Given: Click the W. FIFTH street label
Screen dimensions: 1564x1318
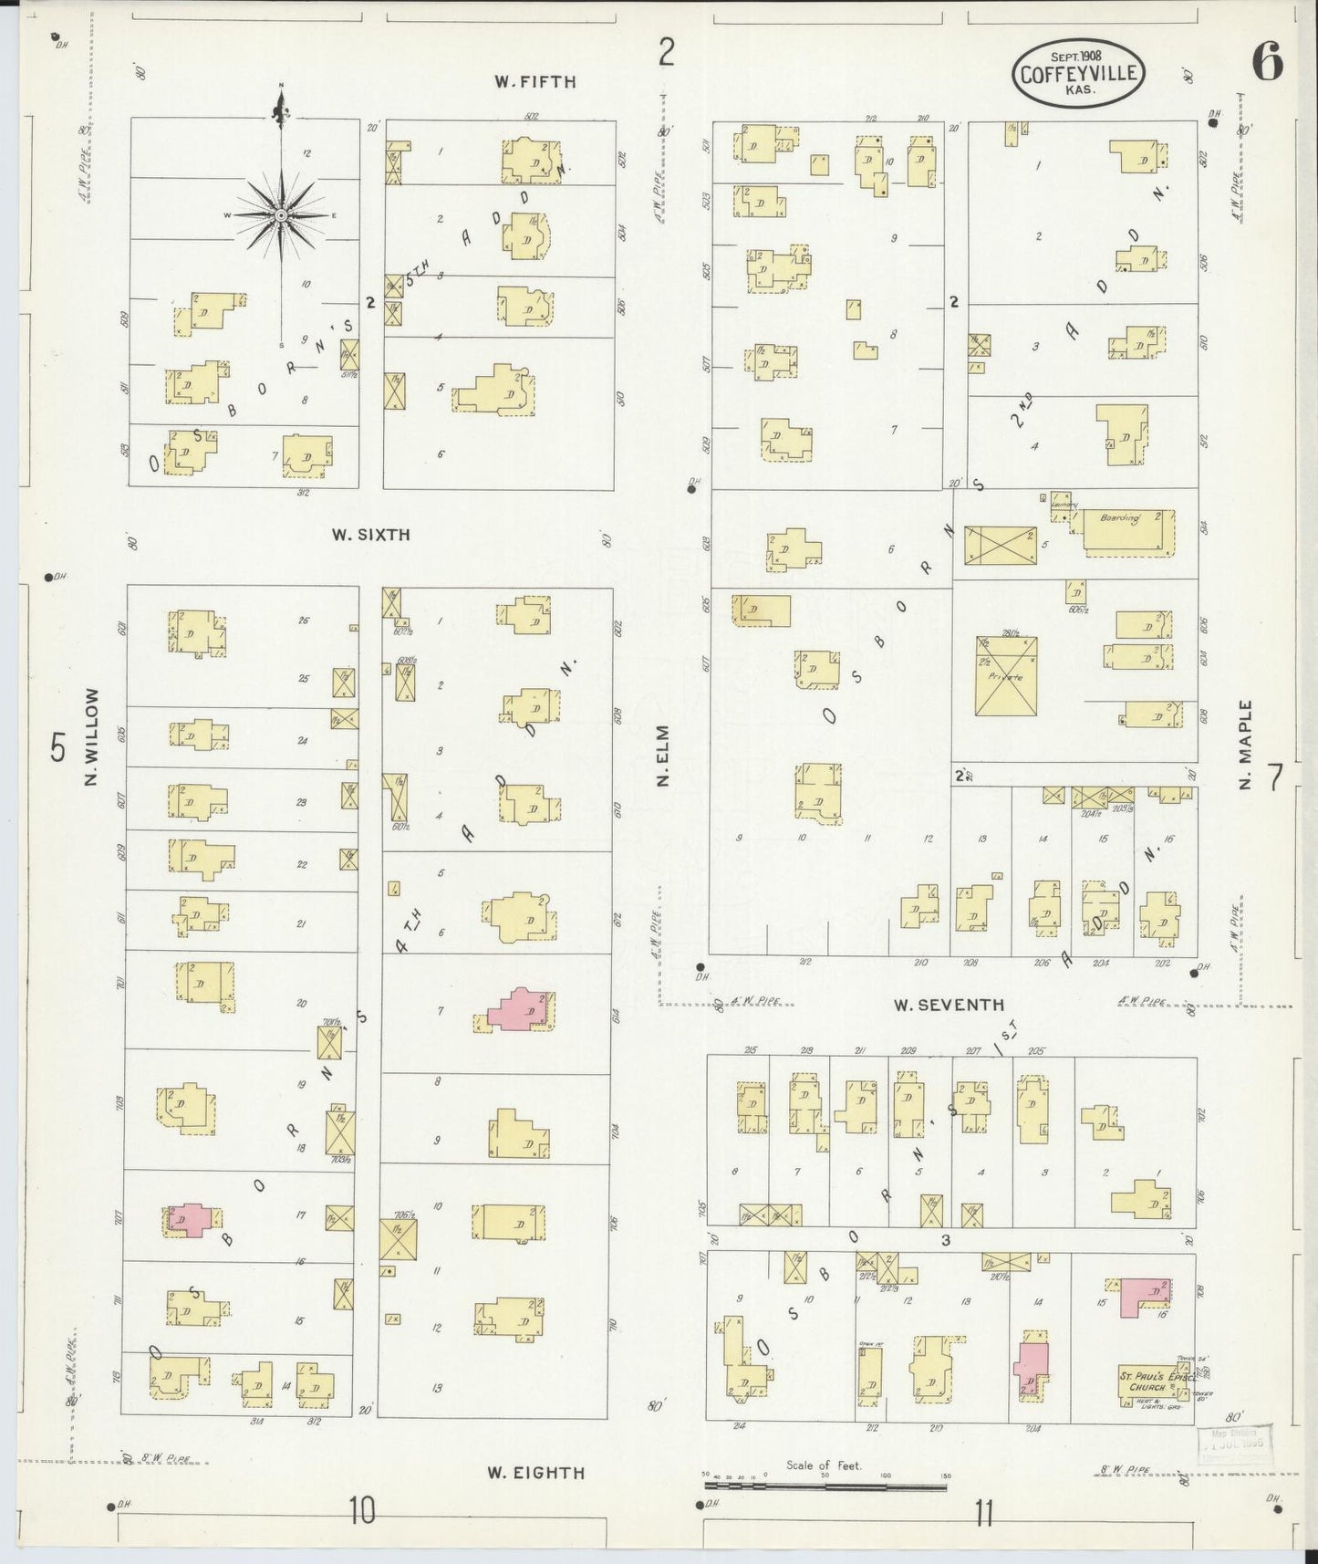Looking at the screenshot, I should coord(535,81).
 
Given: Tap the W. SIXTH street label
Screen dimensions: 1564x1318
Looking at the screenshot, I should coord(370,535).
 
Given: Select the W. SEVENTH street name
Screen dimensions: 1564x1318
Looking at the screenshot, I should coord(948,1005).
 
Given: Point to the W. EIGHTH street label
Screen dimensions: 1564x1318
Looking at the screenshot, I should coord(535,1472).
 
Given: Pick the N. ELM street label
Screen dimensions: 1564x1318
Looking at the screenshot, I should coord(663,756).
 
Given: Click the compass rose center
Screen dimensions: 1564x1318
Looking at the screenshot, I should coord(282,215).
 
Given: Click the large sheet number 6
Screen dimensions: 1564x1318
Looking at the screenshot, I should coord(1267,63).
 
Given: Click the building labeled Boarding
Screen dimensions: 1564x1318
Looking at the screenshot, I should coord(1127,529).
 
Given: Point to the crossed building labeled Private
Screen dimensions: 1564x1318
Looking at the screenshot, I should coord(1006,676).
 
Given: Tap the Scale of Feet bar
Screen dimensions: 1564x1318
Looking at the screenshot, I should coord(825,1485).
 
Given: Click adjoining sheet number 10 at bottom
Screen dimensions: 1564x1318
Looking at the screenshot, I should coord(362,1512).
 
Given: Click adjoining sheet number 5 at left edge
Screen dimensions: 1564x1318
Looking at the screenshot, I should coord(57,748).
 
